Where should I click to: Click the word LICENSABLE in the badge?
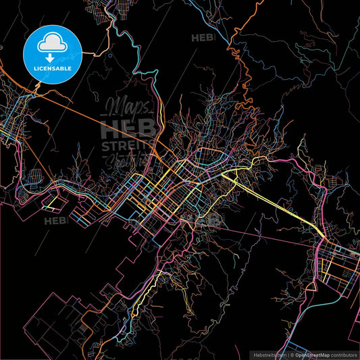[53, 68]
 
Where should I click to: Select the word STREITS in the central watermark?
[128, 147]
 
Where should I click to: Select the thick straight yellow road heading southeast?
[277, 203]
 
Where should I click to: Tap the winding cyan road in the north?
[135, 54]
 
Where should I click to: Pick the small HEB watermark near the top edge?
[203, 38]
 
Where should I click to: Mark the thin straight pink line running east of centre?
[270, 233]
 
